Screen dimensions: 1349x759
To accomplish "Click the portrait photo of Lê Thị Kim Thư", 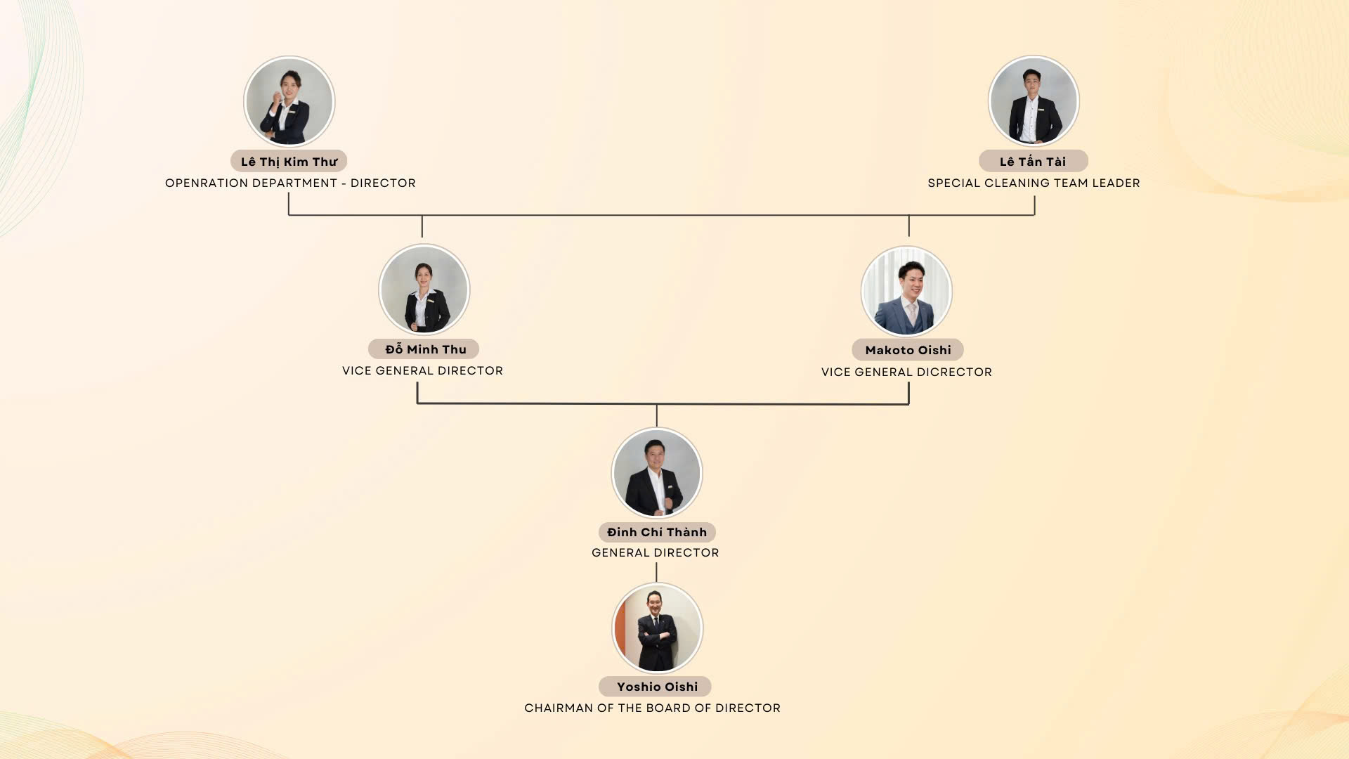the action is point(289,102).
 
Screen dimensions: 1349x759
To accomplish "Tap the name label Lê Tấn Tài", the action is point(1033,162).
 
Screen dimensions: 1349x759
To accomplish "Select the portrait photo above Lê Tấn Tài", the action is point(1034,101).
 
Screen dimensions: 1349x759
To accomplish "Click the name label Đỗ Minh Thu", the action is point(424,349).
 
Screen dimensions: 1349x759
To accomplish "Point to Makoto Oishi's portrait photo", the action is point(906,291).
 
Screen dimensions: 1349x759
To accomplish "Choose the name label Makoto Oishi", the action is point(908,350).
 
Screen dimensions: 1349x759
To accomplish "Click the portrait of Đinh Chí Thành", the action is point(657,473).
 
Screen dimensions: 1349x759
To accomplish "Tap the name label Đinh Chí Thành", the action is point(657,532).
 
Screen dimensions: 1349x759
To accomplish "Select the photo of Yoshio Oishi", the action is point(657,628).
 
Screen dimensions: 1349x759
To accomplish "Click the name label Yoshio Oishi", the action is point(655,687).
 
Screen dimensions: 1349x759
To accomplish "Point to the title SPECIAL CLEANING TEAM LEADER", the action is point(1034,183).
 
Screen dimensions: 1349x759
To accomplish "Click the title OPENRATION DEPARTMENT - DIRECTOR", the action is point(290,183).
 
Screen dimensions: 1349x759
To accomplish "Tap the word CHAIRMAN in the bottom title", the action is point(559,708).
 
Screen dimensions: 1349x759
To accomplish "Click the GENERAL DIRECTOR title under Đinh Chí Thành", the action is point(656,553).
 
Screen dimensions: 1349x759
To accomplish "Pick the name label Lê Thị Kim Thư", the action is point(289,162).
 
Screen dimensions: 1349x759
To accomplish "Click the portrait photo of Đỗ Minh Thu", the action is point(424,290).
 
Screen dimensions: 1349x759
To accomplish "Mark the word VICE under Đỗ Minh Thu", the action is point(357,371).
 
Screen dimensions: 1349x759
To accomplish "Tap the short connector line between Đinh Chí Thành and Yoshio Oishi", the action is point(657,572).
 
